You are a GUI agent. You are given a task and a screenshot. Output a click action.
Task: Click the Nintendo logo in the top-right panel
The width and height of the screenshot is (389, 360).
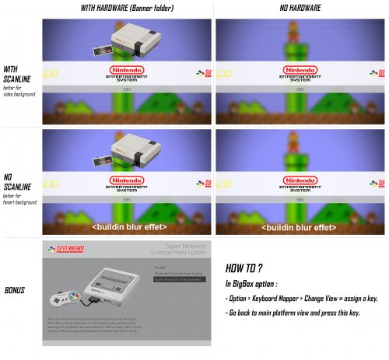(x=299, y=75)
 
